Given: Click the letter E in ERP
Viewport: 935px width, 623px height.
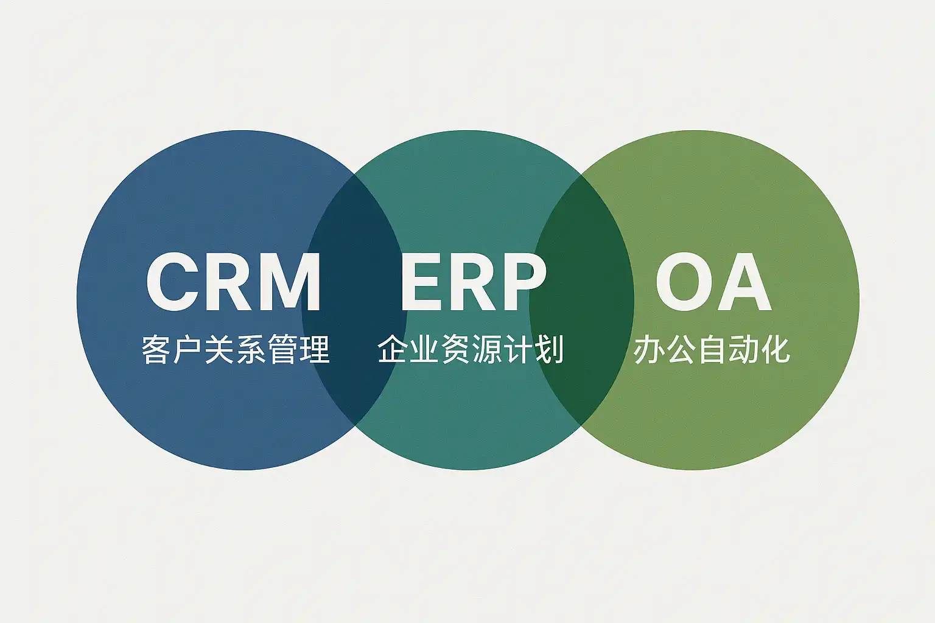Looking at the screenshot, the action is tap(422, 281).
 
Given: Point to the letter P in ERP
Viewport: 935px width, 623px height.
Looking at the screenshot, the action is tap(524, 281).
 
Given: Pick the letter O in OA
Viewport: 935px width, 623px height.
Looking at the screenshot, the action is tap(684, 281).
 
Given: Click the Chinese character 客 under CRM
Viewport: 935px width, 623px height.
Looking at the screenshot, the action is tap(156, 349).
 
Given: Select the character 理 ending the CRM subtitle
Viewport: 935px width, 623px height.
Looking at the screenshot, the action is tap(315, 349).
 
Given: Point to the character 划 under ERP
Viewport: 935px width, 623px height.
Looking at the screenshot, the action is tap(550, 349).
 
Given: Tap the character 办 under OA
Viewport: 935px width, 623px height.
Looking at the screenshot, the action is tap(648, 349).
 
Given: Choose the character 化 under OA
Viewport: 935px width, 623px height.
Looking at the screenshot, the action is tap(776, 349).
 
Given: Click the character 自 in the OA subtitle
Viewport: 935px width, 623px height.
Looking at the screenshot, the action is tap(712, 349).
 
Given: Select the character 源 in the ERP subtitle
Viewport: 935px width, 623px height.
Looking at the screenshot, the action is tap(487, 349).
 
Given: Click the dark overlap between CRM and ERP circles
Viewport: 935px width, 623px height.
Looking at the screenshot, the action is tap(354, 299).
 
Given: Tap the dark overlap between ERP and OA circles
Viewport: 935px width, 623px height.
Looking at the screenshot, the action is tap(582, 299).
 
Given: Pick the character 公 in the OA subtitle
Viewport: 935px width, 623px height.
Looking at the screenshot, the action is tap(680, 349).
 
